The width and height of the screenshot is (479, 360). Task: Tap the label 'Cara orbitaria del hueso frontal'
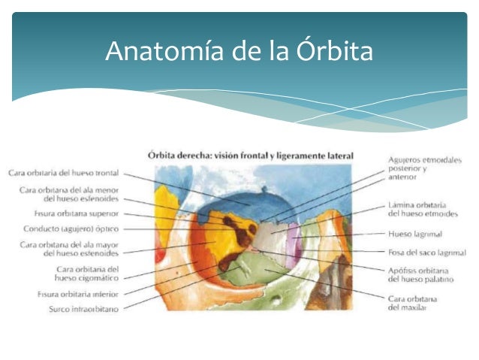pyautogui.click(x=64, y=172)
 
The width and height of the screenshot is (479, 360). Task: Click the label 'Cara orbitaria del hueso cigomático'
pyautogui.click(x=88, y=274)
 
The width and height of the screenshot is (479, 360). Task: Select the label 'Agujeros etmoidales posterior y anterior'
pyautogui.click(x=425, y=169)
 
